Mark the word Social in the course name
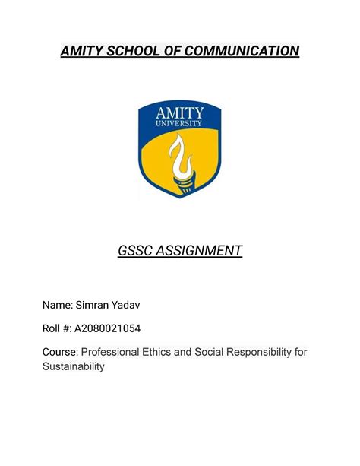(x=223, y=353)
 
